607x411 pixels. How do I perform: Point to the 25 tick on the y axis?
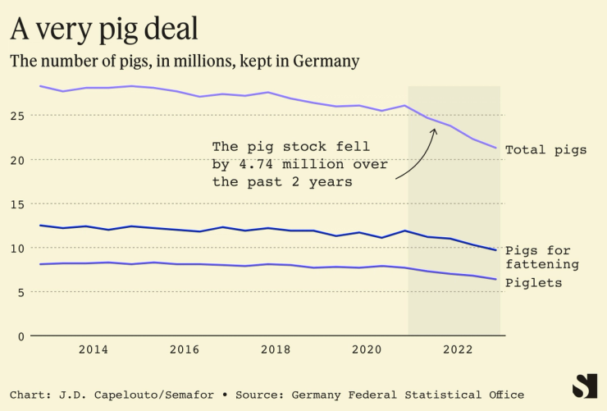[x=17, y=115]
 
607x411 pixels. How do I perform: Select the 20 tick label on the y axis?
[x=17, y=159]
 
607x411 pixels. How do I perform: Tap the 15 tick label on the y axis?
[x=17, y=203]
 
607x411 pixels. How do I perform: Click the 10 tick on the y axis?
[x=17, y=248]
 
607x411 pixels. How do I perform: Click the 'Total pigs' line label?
[x=545, y=150]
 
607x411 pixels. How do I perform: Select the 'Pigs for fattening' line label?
[x=549, y=258]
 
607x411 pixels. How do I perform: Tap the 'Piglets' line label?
[x=533, y=283]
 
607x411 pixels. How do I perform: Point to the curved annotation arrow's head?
[x=435, y=129]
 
